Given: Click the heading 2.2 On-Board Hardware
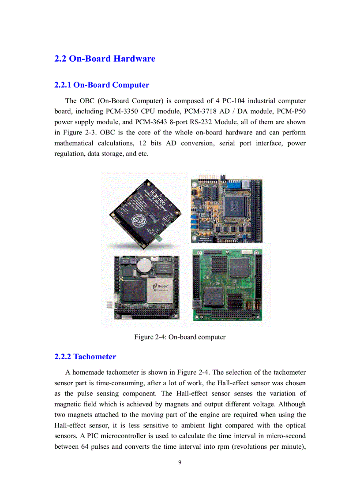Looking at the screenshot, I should point(105,59).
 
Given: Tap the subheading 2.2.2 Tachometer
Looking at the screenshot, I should point(85,357).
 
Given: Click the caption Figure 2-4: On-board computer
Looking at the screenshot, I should point(180,337).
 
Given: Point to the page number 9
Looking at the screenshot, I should point(180,462).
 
